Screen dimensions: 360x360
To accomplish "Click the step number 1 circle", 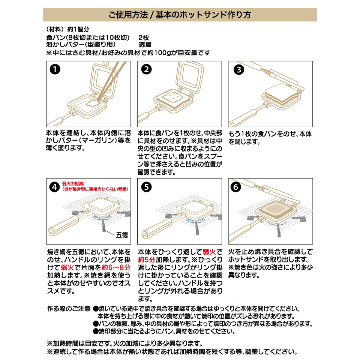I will pos(55,69).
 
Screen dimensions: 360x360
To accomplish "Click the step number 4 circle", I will pos(55,187).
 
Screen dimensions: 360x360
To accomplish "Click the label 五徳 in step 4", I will pos(122,235).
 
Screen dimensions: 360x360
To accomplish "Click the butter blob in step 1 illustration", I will pos(89,104).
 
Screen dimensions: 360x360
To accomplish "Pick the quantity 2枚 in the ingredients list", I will pos(144,37).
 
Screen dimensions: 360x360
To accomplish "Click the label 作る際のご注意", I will pos(69,309).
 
